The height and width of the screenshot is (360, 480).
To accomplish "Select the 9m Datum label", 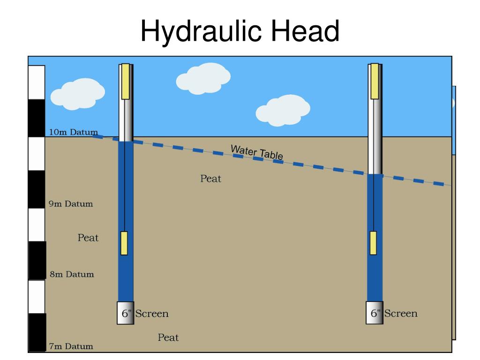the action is pos(71,204).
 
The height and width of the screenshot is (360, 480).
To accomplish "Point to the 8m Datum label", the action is pos(72,274).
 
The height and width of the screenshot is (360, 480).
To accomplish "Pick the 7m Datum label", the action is pos(71,347).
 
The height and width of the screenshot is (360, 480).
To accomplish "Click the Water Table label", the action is pos(256,152).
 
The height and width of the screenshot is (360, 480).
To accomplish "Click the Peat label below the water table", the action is pos(210,179).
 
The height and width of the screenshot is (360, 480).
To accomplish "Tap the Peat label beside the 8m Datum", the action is pos(88,238).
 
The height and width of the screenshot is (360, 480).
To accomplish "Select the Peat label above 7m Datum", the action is pos(168,337).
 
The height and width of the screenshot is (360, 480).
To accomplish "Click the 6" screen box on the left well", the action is pos(125,313).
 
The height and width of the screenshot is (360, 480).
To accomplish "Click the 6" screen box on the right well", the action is pos(375,313).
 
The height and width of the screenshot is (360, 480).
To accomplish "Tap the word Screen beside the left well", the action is pos(152,313).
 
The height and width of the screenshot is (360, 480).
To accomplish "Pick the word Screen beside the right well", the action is pos(401,313).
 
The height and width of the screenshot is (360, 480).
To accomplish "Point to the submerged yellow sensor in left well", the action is pos(124,243).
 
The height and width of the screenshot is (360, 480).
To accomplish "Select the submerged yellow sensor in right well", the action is pos(373,243).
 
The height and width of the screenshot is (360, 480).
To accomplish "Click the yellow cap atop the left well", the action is pos(125,82).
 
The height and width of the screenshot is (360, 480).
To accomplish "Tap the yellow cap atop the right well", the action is pos(375,82).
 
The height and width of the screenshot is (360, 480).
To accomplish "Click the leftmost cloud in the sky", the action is pos(77,94).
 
